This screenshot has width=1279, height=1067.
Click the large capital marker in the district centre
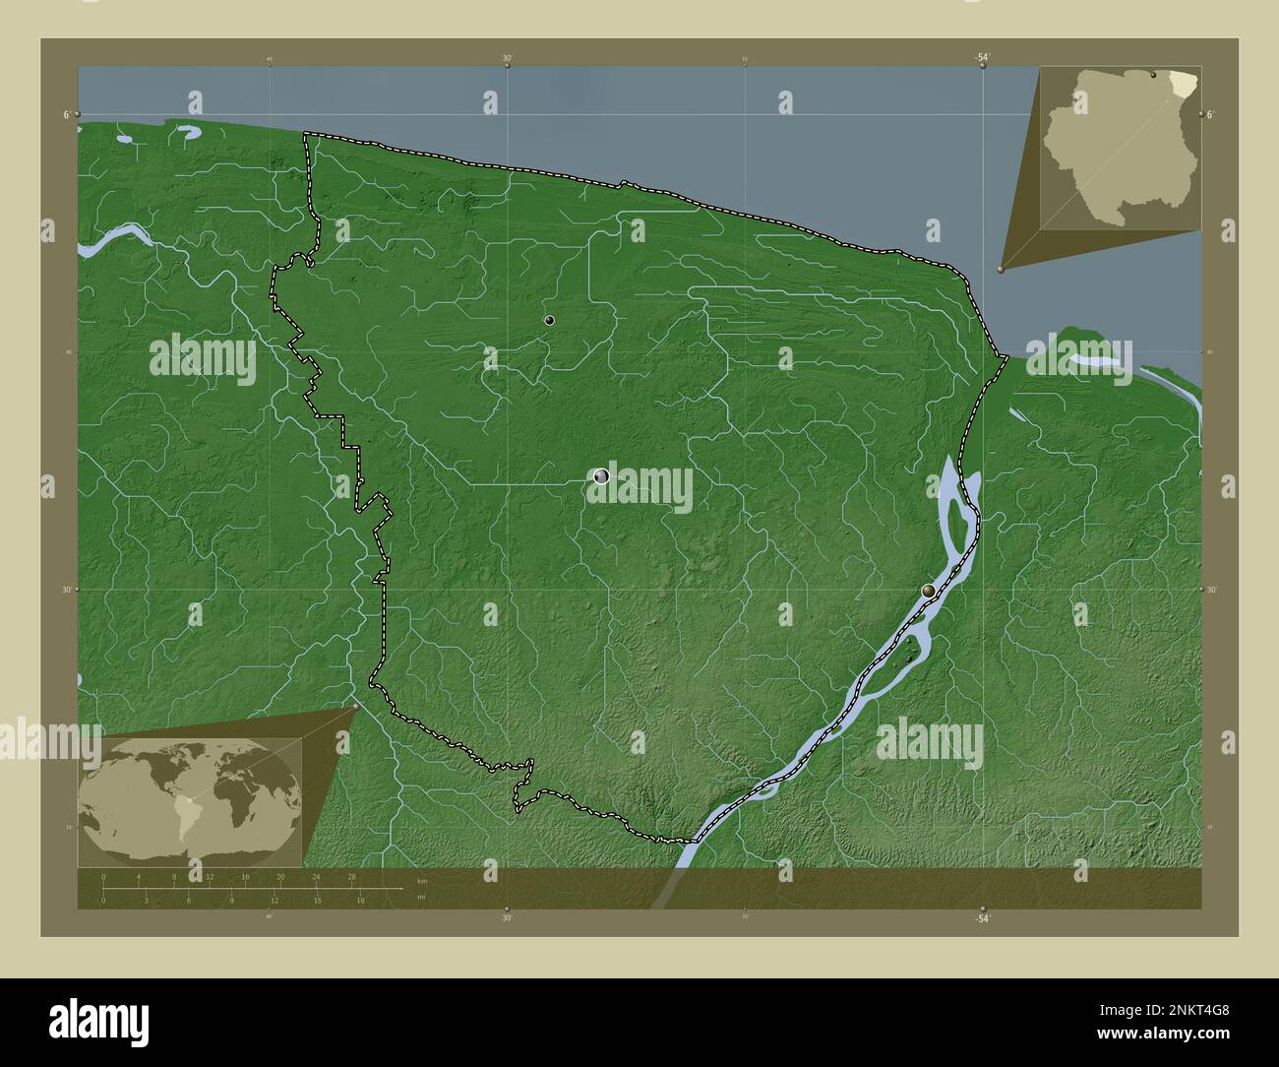(602, 476)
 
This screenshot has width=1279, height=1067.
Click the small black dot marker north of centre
(549, 320)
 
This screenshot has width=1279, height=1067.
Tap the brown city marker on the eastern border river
(929, 591)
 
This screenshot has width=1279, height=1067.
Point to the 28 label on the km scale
(351, 876)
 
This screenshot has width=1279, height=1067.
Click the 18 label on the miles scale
(361, 900)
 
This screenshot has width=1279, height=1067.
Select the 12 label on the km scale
(210, 876)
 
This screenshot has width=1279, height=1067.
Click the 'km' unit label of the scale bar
(422, 880)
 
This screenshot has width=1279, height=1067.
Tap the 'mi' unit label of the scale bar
(421, 897)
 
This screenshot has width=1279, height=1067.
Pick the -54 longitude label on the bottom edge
(981, 918)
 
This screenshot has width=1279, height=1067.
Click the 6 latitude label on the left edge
(66, 115)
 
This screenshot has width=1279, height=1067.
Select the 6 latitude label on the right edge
(1211, 115)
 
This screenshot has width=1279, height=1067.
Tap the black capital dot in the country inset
(1153, 75)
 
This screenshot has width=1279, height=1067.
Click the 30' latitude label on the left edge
(66, 590)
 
